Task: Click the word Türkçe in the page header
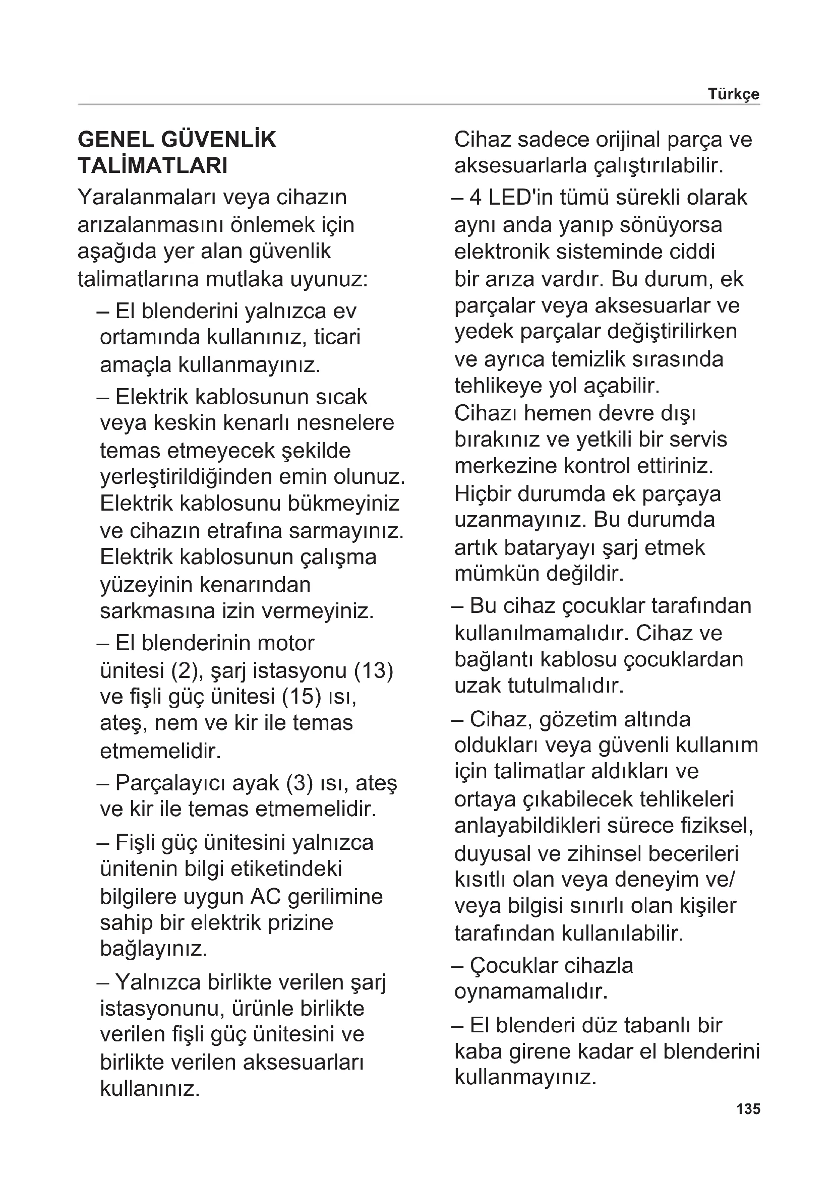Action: [x=733, y=94]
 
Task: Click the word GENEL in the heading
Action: [x=115, y=140]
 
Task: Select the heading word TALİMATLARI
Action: [x=152, y=166]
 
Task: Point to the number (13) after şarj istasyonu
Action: [x=373, y=670]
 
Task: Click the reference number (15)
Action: [x=302, y=697]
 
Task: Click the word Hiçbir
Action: [x=482, y=494]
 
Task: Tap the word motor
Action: [x=285, y=643]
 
